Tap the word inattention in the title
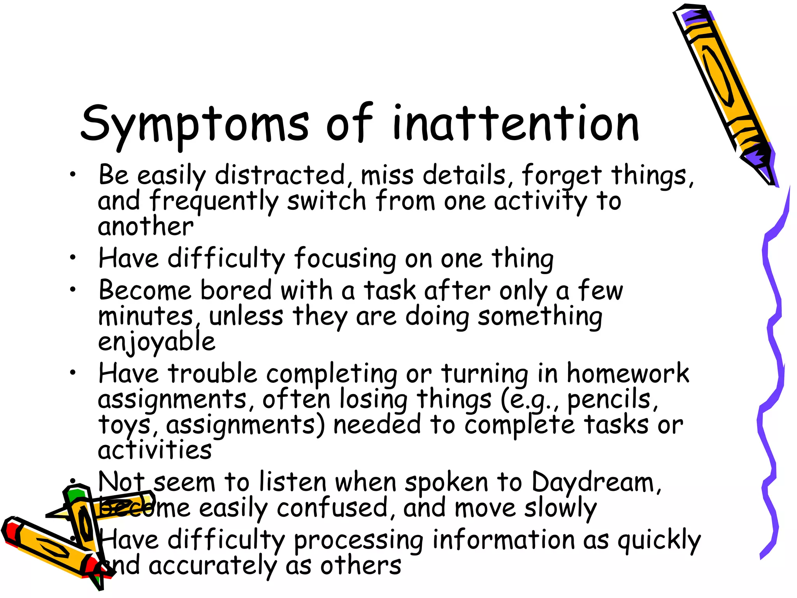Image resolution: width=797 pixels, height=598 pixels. tap(516, 124)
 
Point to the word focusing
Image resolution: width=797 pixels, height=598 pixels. tap(345, 259)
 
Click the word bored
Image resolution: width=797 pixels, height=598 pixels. tap(236, 291)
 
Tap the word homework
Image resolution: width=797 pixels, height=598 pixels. tap(627, 374)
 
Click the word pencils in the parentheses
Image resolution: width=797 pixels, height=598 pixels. tap(609, 399)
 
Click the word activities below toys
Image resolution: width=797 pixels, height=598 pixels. tap(154, 450)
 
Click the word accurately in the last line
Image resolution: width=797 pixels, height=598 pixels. tap(212, 566)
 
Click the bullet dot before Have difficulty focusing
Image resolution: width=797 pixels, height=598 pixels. tap(73, 257)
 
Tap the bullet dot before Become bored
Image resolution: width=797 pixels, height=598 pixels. tap(73, 290)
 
